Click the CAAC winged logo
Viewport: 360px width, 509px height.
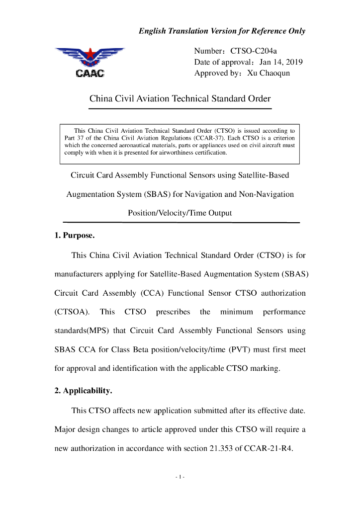pos(90,62)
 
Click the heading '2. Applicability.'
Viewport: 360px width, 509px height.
pos(83,391)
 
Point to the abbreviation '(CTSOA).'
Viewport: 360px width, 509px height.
pos(72,312)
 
